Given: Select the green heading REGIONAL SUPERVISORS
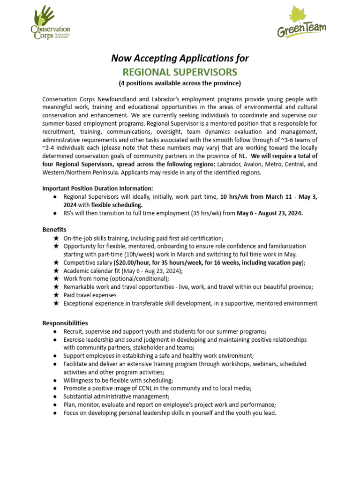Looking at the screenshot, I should tap(180, 72).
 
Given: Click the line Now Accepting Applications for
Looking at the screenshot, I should tap(180, 58).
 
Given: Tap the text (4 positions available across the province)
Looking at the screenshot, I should tap(180, 83).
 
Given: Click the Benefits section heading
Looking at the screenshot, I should tap(54, 230).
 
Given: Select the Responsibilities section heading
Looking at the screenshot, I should tap(65, 323).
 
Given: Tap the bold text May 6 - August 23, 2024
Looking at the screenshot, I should tap(270, 213).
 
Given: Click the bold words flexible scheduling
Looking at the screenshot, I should tap(117, 205).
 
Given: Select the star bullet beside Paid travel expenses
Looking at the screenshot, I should tap(56, 295).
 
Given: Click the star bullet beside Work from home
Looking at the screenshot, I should tap(56, 279).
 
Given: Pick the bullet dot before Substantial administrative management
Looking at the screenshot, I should tap(56, 397).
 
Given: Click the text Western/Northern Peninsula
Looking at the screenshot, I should tap(79, 172).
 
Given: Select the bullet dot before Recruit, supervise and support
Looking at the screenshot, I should tap(56, 331).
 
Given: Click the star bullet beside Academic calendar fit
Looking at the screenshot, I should tap(56, 270).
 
